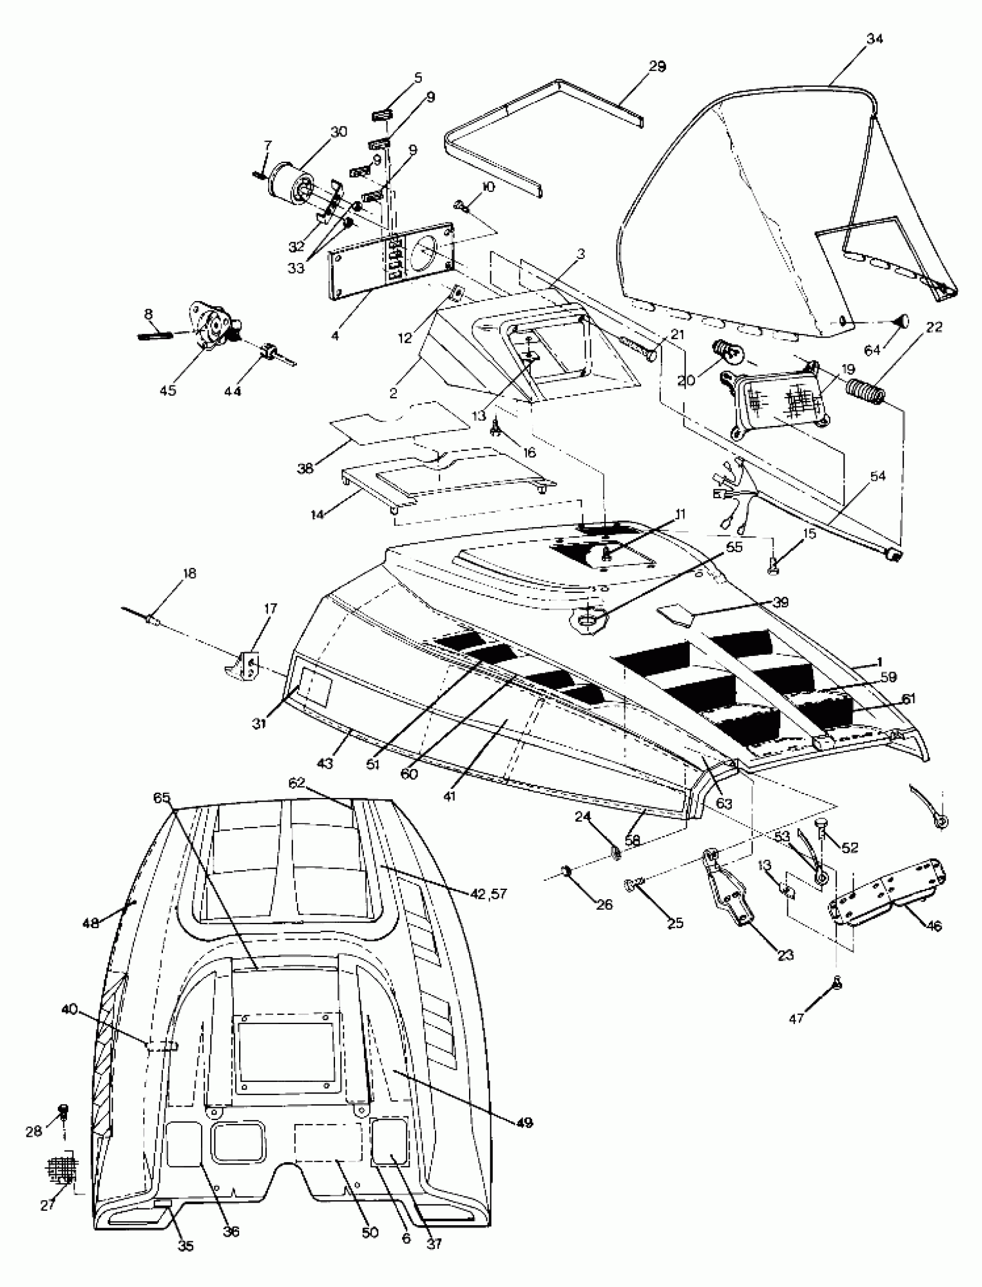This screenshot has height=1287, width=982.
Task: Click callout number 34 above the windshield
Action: point(875,40)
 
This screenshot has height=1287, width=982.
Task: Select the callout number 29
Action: point(657,66)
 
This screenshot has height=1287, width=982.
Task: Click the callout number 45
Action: point(168,390)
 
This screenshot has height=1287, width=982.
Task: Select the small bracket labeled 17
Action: point(242,666)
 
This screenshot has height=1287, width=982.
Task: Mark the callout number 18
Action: point(189,573)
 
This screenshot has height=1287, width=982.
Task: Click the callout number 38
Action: point(306,468)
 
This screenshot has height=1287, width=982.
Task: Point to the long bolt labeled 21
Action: point(635,346)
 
